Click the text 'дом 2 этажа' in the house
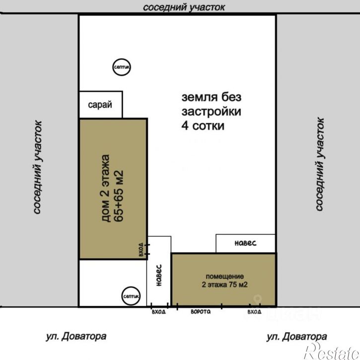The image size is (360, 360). [105, 188]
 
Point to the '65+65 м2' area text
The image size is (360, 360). [119, 196]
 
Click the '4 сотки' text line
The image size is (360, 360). [203, 126]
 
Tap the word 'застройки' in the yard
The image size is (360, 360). [211, 112]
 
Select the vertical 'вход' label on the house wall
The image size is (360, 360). [141, 249]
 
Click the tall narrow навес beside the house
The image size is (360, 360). [159, 271]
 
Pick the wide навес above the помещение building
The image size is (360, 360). [245, 243]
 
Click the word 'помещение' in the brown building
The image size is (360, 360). [225, 277]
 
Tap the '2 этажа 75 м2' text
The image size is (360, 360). [225, 285]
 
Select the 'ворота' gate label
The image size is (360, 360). [201, 311]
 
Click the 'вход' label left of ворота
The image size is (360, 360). [158, 312]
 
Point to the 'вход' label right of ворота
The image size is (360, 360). [254, 312]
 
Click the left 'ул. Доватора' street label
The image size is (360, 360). [76, 337]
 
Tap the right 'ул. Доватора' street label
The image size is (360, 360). [296, 337]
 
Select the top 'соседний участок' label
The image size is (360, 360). [184, 7]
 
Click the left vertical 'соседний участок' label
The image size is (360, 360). [37, 167]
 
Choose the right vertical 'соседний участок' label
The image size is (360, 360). [319, 164]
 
